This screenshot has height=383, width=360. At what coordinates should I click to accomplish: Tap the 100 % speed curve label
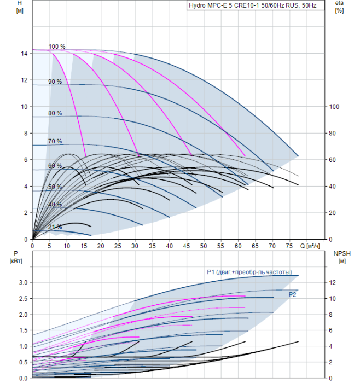point(56,47)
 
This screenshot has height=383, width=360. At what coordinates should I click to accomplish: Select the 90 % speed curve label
point(55,82)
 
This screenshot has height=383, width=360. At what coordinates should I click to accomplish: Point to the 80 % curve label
point(55,113)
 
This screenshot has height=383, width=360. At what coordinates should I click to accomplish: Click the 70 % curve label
point(55,141)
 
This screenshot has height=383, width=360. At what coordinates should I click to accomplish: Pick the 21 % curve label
point(55,227)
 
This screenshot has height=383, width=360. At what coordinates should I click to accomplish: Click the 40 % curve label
point(55,204)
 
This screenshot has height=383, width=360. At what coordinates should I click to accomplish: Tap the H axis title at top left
point(20,7)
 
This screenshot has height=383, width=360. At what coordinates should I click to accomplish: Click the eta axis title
point(339,7)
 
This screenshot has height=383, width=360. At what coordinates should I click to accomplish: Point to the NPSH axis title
point(340,257)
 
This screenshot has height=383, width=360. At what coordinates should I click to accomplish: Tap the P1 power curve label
point(249,272)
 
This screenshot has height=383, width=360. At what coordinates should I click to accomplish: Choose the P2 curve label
point(293,294)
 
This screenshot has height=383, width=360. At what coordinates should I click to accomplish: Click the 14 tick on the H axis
point(24,54)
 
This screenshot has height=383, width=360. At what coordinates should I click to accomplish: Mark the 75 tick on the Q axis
point(290,246)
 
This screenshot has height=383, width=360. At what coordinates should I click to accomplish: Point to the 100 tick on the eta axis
point(335,107)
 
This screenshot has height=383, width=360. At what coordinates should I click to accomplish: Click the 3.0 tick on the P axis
point(23,282)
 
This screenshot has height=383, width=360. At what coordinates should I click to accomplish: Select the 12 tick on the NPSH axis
point(334,282)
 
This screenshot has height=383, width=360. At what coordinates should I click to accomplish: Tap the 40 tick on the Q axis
point(170,246)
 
